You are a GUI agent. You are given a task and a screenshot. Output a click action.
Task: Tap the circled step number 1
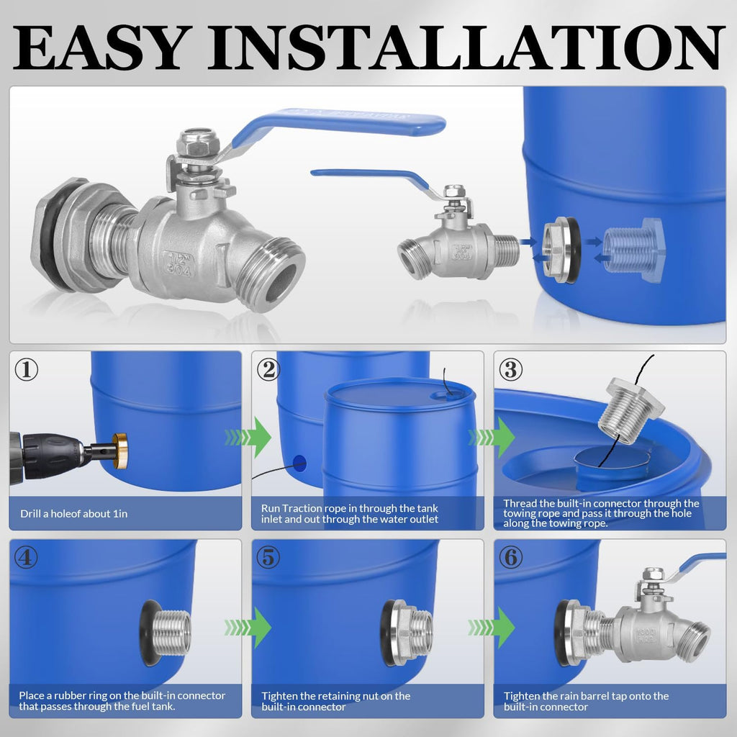pos(27,370)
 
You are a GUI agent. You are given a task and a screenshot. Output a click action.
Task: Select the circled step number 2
pos(269,370)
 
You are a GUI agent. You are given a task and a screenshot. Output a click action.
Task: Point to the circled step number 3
pos(511,370)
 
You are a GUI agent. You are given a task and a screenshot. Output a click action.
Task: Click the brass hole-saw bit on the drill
pos(119,451)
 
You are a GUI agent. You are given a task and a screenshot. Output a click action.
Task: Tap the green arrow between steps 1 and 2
pos(247,437)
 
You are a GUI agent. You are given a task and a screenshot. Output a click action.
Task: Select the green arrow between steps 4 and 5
pos(247,627)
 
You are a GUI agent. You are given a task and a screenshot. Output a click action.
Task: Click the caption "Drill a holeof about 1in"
pos(73,513)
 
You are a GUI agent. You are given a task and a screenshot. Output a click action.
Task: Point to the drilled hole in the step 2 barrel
pos(299,462)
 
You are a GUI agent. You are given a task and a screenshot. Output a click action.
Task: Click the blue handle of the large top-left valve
pos(338,123)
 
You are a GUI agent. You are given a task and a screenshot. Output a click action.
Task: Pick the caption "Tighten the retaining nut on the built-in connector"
pos(335,701)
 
